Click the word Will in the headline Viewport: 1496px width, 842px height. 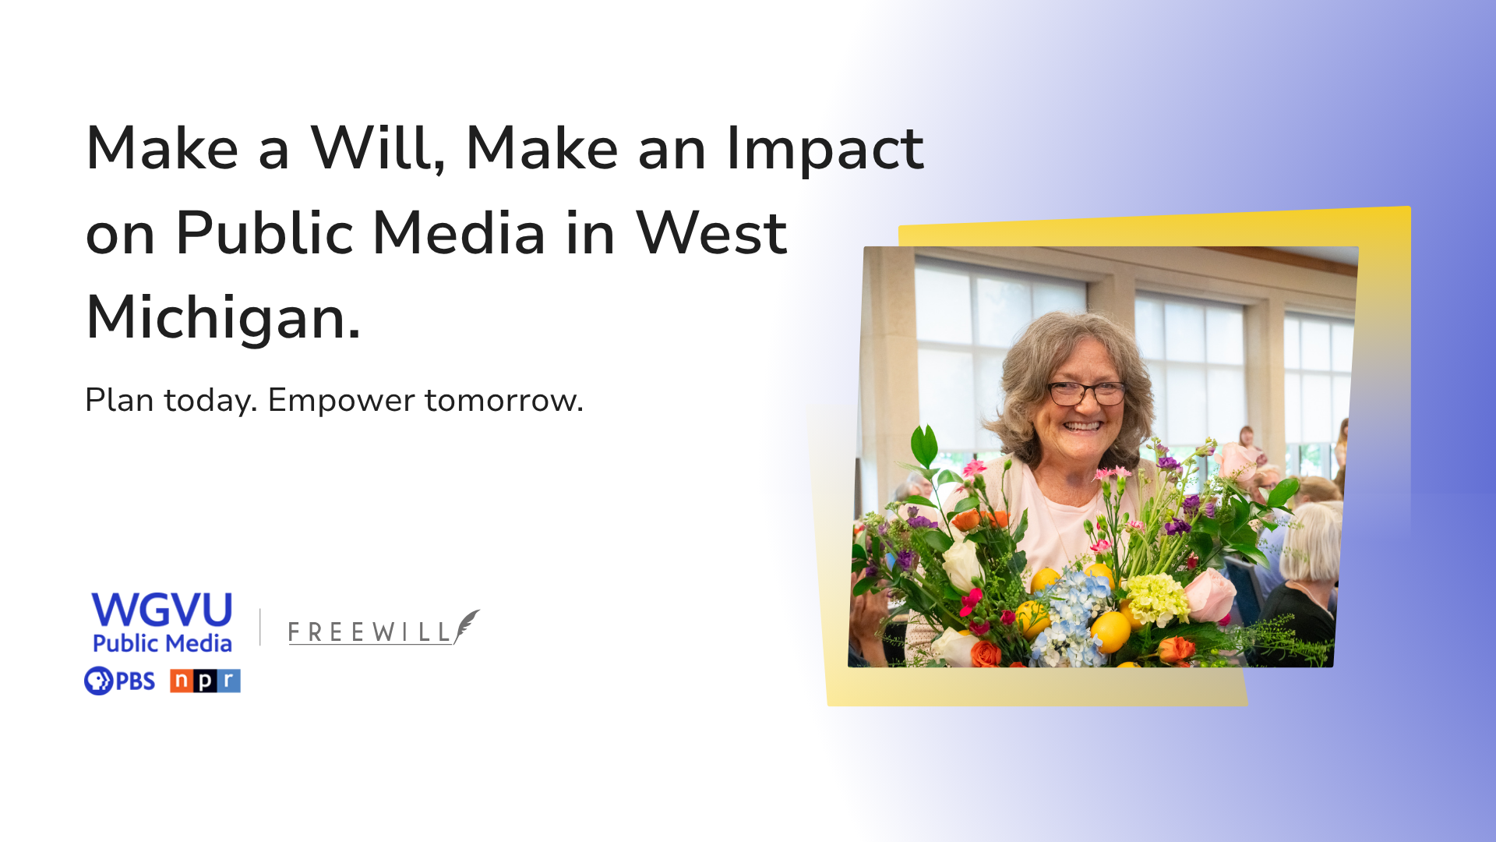pos(378,147)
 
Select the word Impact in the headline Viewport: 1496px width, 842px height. pos(824,149)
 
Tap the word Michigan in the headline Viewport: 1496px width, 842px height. pos(223,318)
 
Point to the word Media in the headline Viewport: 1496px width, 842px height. pos(459,232)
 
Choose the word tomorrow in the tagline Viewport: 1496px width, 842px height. pos(504,401)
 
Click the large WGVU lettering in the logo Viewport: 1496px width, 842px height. pos(162,610)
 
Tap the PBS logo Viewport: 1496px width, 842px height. pos(119,681)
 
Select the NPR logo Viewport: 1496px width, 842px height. pos(205,681)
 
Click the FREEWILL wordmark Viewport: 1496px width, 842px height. pos(370,632)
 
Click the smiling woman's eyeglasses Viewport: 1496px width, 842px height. pos(1086,393)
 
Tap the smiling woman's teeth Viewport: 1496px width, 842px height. pos(1082,426)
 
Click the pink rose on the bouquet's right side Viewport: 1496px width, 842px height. pos(1210,595)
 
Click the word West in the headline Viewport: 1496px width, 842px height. pos(711,232)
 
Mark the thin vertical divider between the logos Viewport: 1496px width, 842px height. pos(260,627)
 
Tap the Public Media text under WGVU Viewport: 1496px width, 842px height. pos(162,643)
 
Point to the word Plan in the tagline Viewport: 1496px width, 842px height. pos(119,400)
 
